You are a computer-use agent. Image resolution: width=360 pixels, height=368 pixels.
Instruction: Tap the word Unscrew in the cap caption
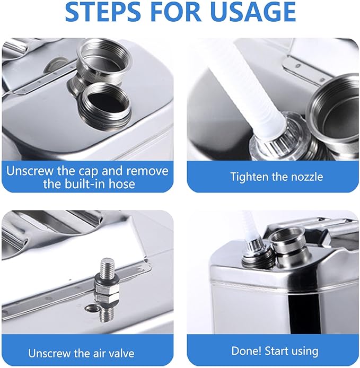click(x=30, y=171)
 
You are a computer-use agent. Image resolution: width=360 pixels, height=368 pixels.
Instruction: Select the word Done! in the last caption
click(x=247, y=351)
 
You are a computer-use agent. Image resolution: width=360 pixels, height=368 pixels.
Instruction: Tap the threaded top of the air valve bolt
click(x=108, y=267)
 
